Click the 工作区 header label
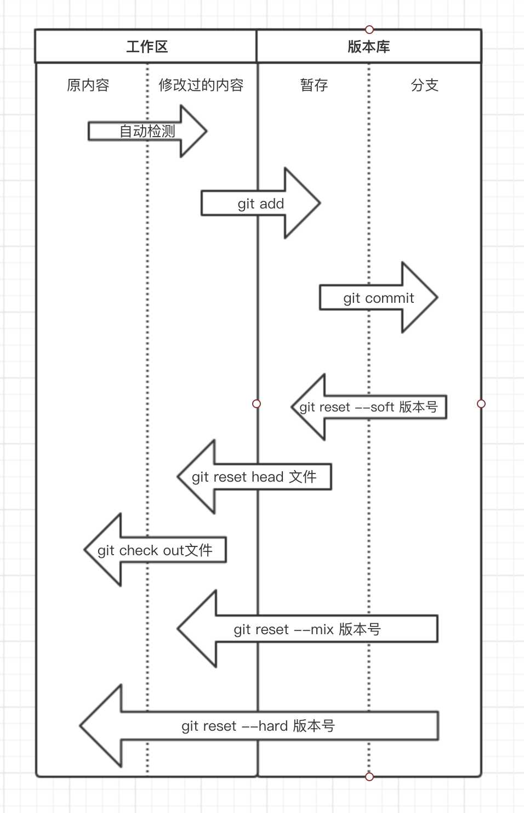[146, 47]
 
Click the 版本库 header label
[368, 47]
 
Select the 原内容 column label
[88, 85]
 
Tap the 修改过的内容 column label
[201, 85]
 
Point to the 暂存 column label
[314, 85]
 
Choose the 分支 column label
[425, 85]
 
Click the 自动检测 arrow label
[147, 131]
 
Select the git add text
[260, 204]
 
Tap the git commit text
[378, 298]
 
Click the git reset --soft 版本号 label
[368, 407]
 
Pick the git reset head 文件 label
[254, 477]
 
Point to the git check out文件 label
[155, 550]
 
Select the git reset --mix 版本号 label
[307, 629]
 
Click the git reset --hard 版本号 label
[258, 726]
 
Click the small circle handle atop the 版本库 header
[369, 29]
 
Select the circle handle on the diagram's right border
[481, 404]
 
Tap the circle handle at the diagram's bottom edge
[369, 776]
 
